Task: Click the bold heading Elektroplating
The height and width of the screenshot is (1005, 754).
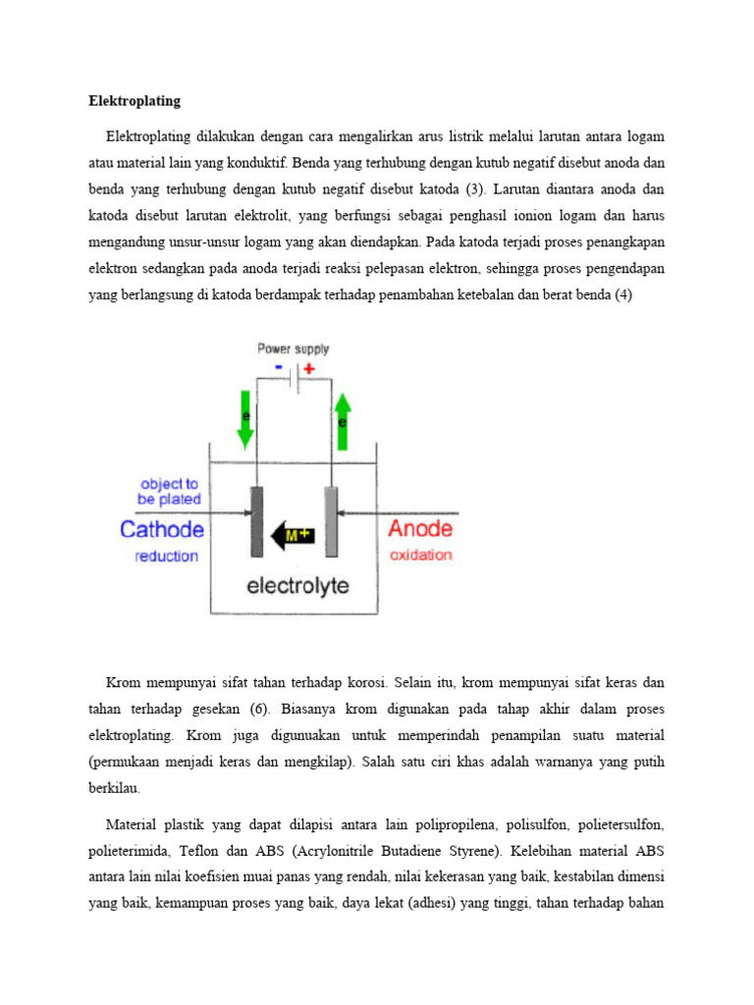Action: point(135,101)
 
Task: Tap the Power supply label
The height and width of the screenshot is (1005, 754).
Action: point(294,348)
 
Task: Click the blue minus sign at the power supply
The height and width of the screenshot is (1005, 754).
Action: point(280,368)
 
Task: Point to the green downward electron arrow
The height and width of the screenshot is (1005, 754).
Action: point(244,418)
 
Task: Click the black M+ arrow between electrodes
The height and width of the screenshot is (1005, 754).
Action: point(292,535)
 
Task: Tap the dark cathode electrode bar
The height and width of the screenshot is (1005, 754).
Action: point(257,521)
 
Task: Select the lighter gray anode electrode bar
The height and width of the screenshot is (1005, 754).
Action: point(331,521)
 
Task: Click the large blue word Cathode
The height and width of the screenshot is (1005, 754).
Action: point(162,530)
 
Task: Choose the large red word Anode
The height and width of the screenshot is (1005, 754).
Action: point(420,529)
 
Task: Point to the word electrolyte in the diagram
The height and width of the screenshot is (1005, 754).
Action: point(297,587)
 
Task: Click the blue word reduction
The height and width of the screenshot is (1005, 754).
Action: point(166,556)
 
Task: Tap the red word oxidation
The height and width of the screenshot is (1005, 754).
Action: point(421,555)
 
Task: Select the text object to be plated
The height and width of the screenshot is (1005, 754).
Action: point(170,491)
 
